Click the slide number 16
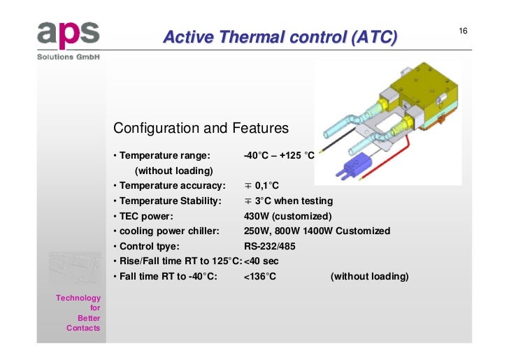[x=463, y=31]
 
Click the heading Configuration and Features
[x=201, y=129]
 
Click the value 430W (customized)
[x=287, y=216]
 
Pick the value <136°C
[x=260, y=277]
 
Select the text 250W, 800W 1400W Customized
[x=317, y=231]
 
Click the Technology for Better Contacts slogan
[x=79, y=313]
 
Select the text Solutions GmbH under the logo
[x=69, y=57]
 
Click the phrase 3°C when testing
[x=289, y=201]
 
